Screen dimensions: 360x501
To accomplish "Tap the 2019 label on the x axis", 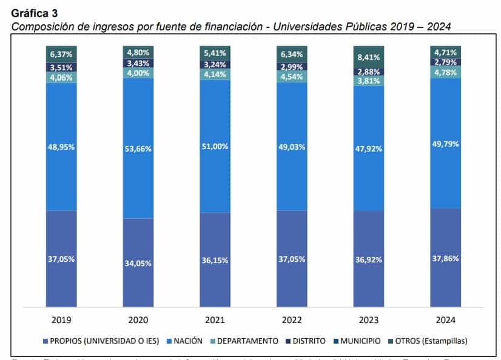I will pos(61,319).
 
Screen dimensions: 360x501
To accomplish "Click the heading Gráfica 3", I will pos(35,13).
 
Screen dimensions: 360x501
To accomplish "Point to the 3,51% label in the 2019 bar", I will pos(61,67).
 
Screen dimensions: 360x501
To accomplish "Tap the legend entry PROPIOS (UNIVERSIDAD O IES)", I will pos(103,341).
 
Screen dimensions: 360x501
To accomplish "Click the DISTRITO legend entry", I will pos(306,341).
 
